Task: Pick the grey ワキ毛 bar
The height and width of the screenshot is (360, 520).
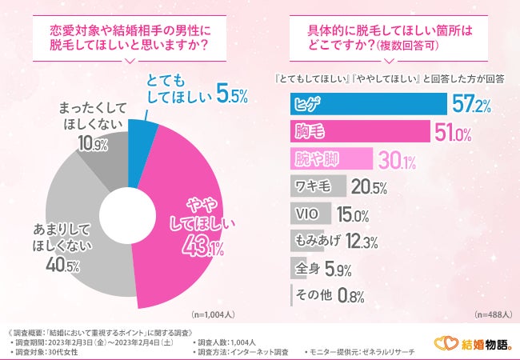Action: (x=315, y=186)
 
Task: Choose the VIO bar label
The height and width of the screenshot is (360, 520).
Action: (x=308, y=214)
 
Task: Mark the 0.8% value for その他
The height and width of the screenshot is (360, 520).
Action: (x=350, y=296)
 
